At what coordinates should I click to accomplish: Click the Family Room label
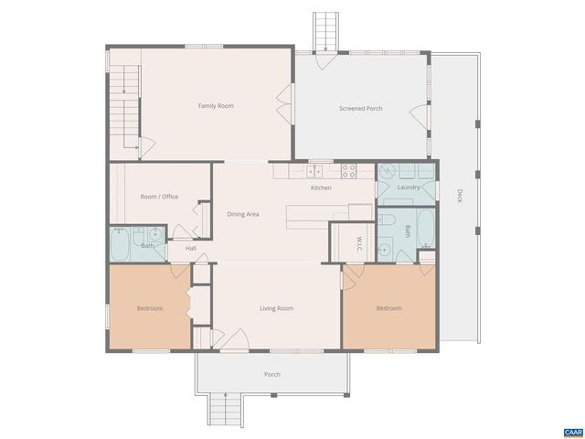216,106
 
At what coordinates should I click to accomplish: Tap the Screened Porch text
361,109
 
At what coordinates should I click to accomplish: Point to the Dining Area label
243,214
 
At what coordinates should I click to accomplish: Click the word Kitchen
321,187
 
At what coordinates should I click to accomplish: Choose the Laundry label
409,187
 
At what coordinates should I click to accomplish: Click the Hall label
191,248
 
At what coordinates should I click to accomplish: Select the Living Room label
276,308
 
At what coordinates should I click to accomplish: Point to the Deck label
459,195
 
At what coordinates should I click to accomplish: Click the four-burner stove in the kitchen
349,169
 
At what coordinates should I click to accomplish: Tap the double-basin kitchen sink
303,170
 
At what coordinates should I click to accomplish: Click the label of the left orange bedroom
150,308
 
